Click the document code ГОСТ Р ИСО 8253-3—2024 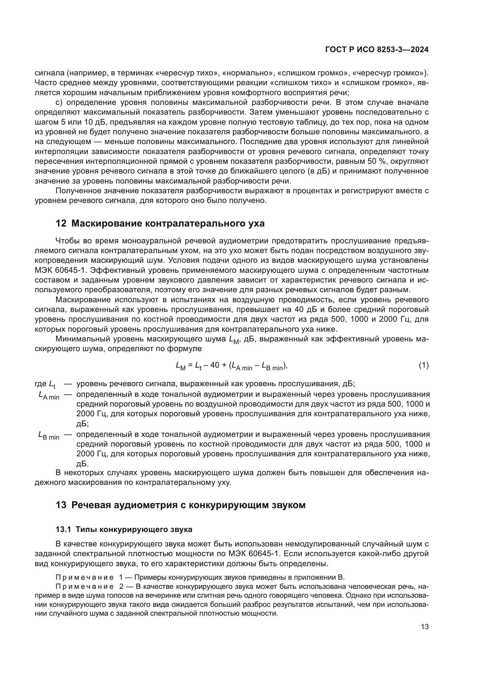[377, 50]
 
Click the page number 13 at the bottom [425, 627]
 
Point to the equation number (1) [424, 365]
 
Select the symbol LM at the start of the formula [181, 366]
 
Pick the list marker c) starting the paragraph [59, 103]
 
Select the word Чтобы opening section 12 [67, 241]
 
